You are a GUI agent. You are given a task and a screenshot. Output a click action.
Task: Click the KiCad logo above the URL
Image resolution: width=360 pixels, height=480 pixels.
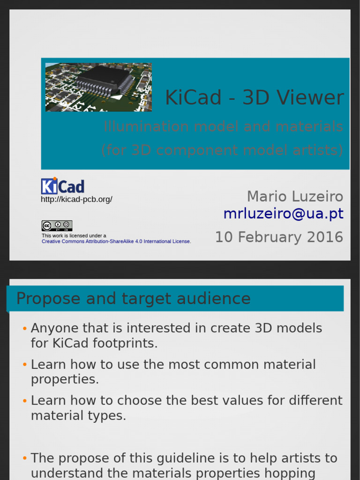(x=62, y=186)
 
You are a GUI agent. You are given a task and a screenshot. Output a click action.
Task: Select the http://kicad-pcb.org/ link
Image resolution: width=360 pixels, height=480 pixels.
(x=76, y=200)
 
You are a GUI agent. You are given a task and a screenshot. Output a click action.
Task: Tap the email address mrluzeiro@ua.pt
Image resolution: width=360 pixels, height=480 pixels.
(x=283, y=214)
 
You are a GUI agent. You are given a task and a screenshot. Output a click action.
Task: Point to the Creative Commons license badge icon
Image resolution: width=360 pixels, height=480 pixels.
(x=57, y=225)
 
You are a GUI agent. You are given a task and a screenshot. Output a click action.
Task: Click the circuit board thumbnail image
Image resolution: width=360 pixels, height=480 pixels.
(x=98, y=87)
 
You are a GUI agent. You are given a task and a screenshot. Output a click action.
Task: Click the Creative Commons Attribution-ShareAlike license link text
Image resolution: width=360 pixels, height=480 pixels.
(x=116, y=241)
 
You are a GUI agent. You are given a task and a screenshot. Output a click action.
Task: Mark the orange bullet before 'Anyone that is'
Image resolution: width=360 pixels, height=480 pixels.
(x=24, y=329)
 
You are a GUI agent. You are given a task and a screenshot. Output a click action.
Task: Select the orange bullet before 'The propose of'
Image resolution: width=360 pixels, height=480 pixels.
(x=24, y=458)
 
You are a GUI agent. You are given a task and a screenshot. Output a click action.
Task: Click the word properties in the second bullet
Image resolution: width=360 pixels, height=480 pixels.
(x=65, y=379)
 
